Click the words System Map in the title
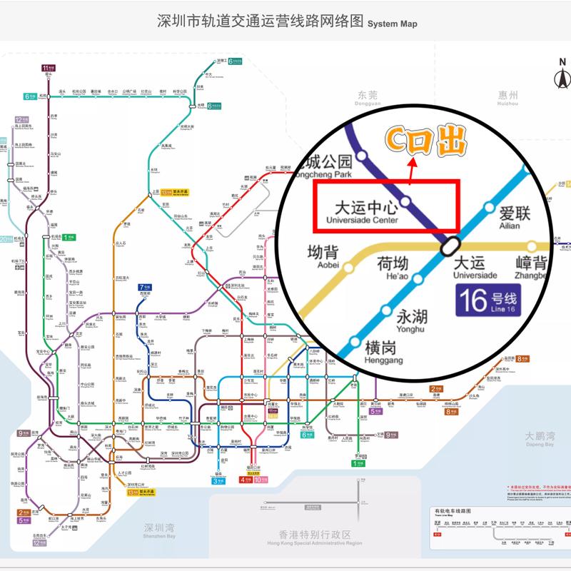(392, 24)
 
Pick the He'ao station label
(396, 269)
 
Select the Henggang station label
(378, 350)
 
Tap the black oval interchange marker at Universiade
(450, 245)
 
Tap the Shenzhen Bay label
(160, 531)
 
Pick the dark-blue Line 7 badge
(145, 287)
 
